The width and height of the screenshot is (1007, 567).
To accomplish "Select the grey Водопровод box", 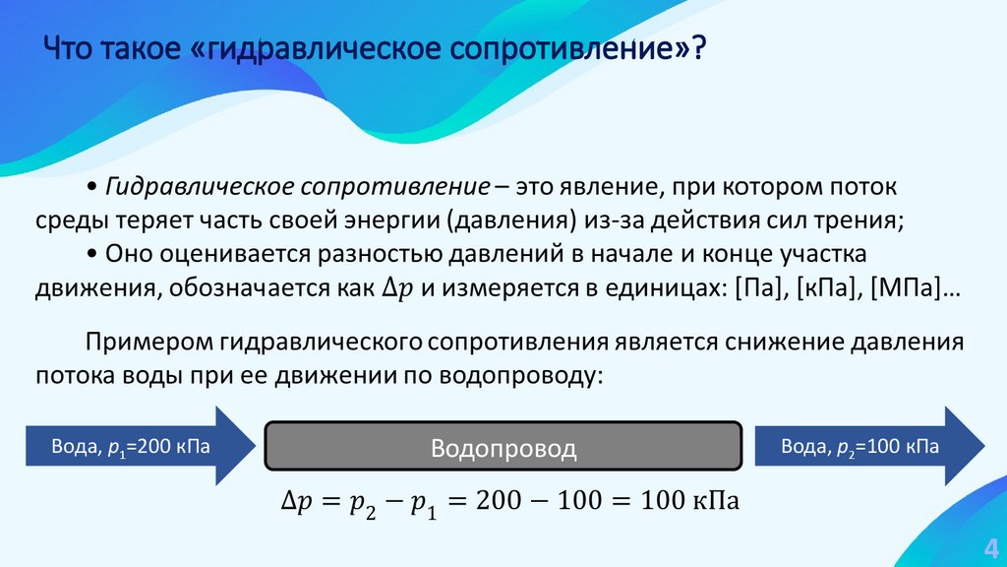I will pyautogui.click(x=503, y=449).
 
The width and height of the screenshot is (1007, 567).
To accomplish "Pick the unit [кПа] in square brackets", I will pyautogui.click(x=827, y=289).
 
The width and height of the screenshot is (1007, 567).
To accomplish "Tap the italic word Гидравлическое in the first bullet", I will pyautogui.click(x=201, y=187).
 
